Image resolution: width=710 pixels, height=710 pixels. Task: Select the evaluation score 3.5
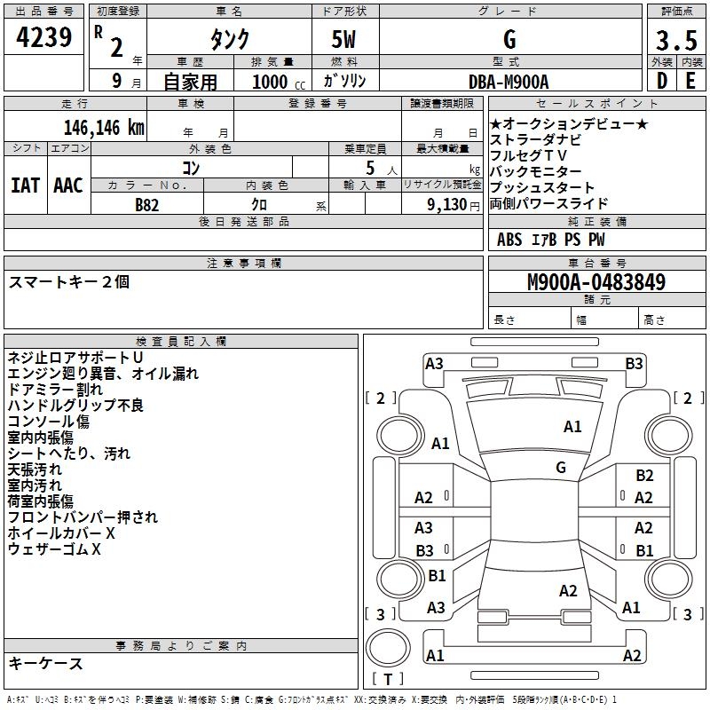[x=674, y=41]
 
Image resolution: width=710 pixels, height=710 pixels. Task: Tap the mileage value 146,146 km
[x=104, y=127]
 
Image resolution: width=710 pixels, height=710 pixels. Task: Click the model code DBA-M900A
[x=509, y=81]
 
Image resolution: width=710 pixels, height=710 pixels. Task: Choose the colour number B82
[x=148, y=205]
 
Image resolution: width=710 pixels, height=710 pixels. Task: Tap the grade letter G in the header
[x=509, y=40]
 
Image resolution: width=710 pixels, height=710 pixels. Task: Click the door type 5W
[x=344, y=41]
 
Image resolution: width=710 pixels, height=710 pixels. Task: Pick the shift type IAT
[x=25, y=185]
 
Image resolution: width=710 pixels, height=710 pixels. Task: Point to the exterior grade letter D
[x=661, y=81]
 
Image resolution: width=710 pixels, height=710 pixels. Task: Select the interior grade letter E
[x=690, y=81]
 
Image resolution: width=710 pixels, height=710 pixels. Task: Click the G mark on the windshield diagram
[x=561, y=467]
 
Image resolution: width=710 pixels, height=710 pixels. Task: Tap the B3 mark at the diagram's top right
[x=634, y=363]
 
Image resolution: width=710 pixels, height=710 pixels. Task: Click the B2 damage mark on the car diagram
[x=644, y=476]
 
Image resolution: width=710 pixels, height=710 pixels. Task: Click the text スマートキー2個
[x=69, y=282]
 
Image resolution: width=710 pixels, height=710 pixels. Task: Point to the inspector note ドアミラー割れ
[x=55, y=389]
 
